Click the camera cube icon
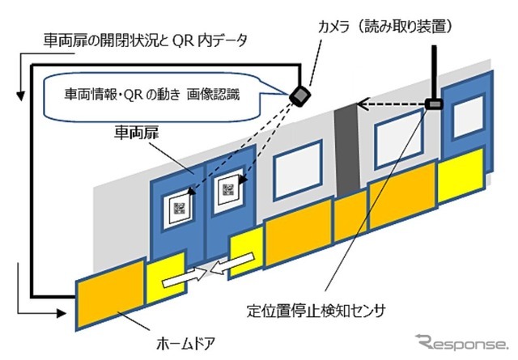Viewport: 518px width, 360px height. point(301,96)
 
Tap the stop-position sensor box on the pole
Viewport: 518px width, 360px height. point(435,104)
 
